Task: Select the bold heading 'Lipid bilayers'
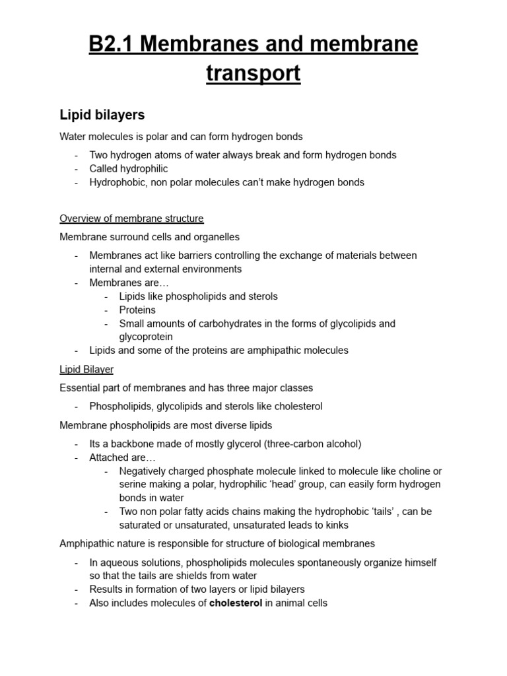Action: coord(102,115)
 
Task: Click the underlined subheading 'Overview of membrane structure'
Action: coord(131,219)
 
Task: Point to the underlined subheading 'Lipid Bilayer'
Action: coord(86,370)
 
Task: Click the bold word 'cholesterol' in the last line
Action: coord(236,603)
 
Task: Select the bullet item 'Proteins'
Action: coord(137,310)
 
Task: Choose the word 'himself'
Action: coord(420,562)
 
